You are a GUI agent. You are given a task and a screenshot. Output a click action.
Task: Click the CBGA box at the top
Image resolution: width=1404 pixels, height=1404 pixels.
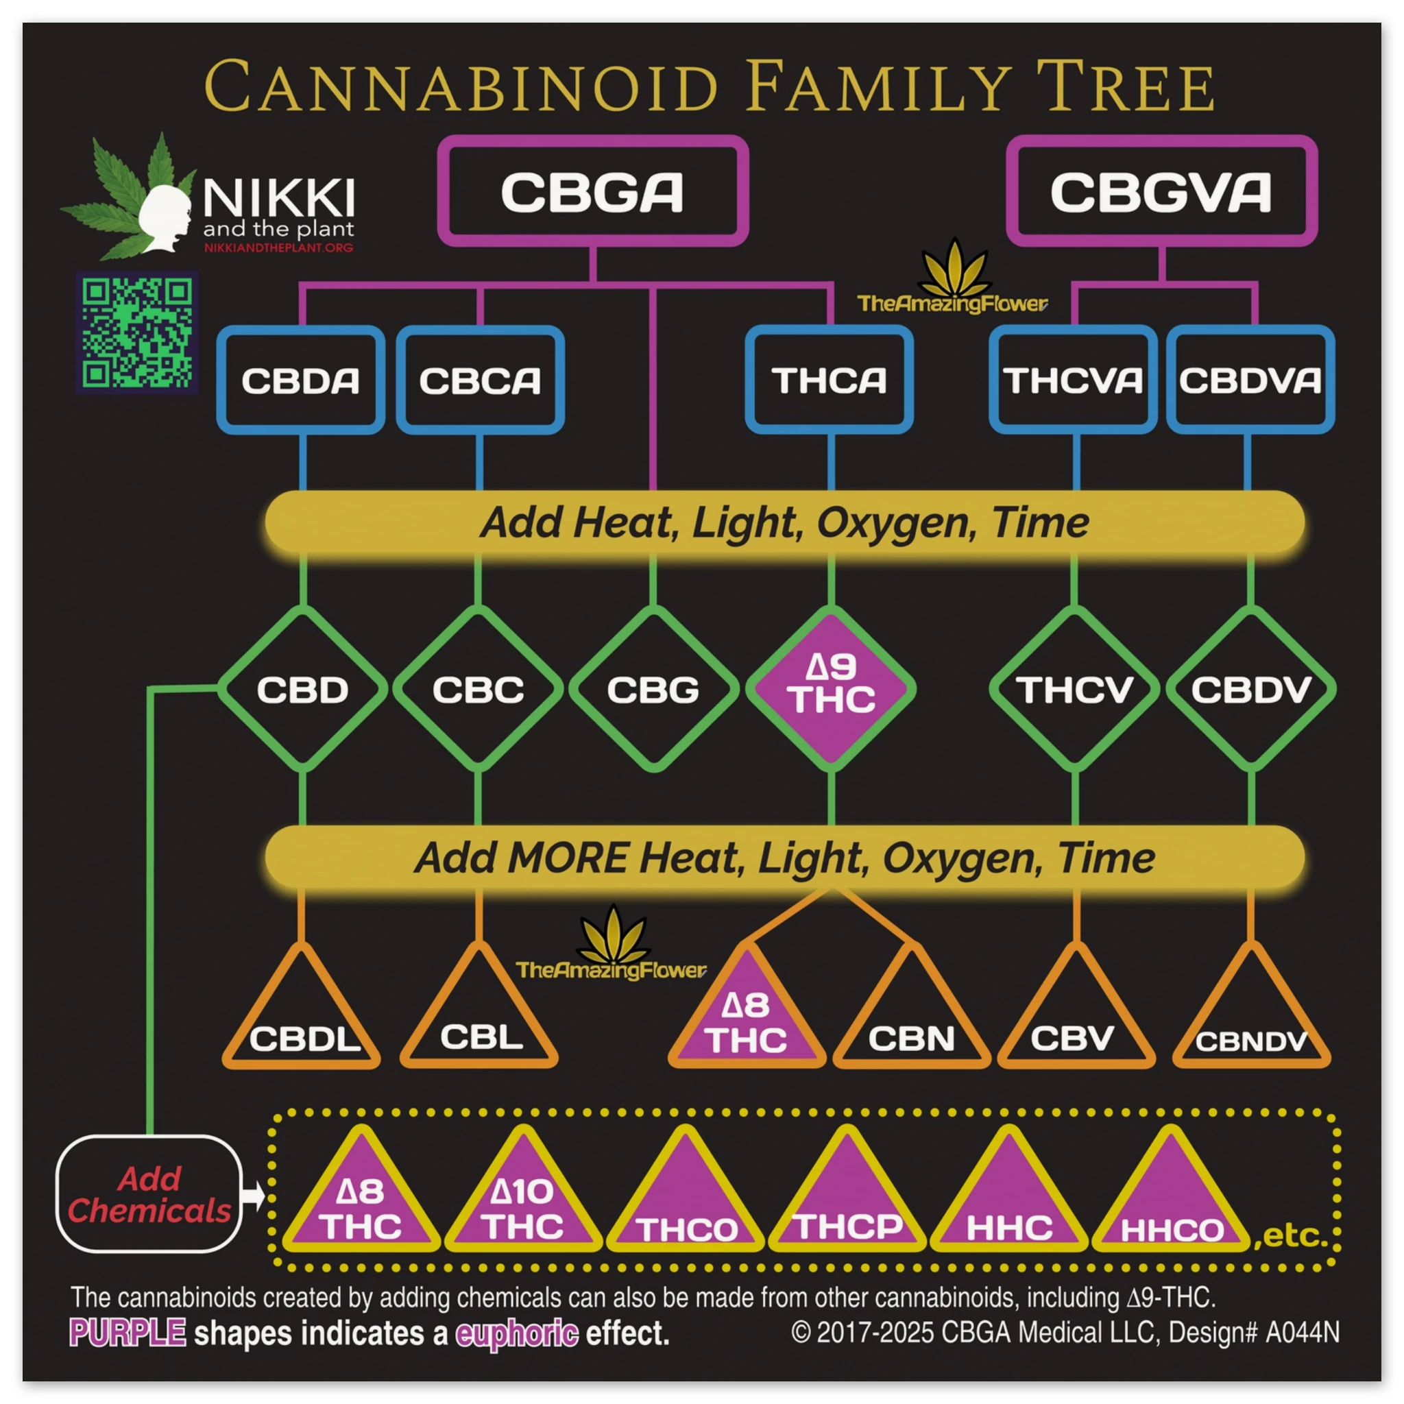592,192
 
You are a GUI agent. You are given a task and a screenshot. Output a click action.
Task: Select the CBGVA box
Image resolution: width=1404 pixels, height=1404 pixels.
1161,192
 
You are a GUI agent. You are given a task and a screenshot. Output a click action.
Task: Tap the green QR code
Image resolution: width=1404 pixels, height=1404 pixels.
137,332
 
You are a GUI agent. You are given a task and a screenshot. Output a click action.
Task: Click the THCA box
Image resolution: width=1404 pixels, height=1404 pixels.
830,380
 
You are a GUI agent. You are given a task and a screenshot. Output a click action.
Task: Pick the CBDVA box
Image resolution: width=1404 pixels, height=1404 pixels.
1250,380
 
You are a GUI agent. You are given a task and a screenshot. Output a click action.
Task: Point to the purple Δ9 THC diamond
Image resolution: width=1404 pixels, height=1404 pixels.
831,688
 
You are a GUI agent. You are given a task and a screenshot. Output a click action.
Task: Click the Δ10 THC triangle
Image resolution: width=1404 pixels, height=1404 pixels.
522,1207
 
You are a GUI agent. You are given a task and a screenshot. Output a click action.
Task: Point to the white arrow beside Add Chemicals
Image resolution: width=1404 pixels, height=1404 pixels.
254,1195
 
